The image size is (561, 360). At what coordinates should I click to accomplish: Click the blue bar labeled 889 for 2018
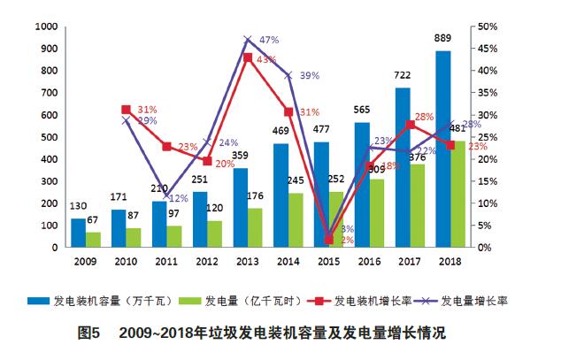[442, 149]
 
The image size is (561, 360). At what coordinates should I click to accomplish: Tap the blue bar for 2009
[79, 233]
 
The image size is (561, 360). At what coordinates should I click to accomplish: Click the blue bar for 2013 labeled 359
[240, 207]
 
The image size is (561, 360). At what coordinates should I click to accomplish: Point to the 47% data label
[269, 40]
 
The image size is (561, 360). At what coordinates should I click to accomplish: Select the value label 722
[401, 77]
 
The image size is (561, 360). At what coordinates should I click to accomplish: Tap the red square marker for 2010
[127, 110]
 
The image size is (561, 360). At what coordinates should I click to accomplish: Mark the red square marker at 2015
[329, 239]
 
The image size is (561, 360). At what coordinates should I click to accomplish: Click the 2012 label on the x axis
[206, 262]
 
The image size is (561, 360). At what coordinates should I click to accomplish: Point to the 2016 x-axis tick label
[369, 262]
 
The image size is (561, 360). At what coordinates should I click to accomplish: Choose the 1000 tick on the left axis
[41, 27]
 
